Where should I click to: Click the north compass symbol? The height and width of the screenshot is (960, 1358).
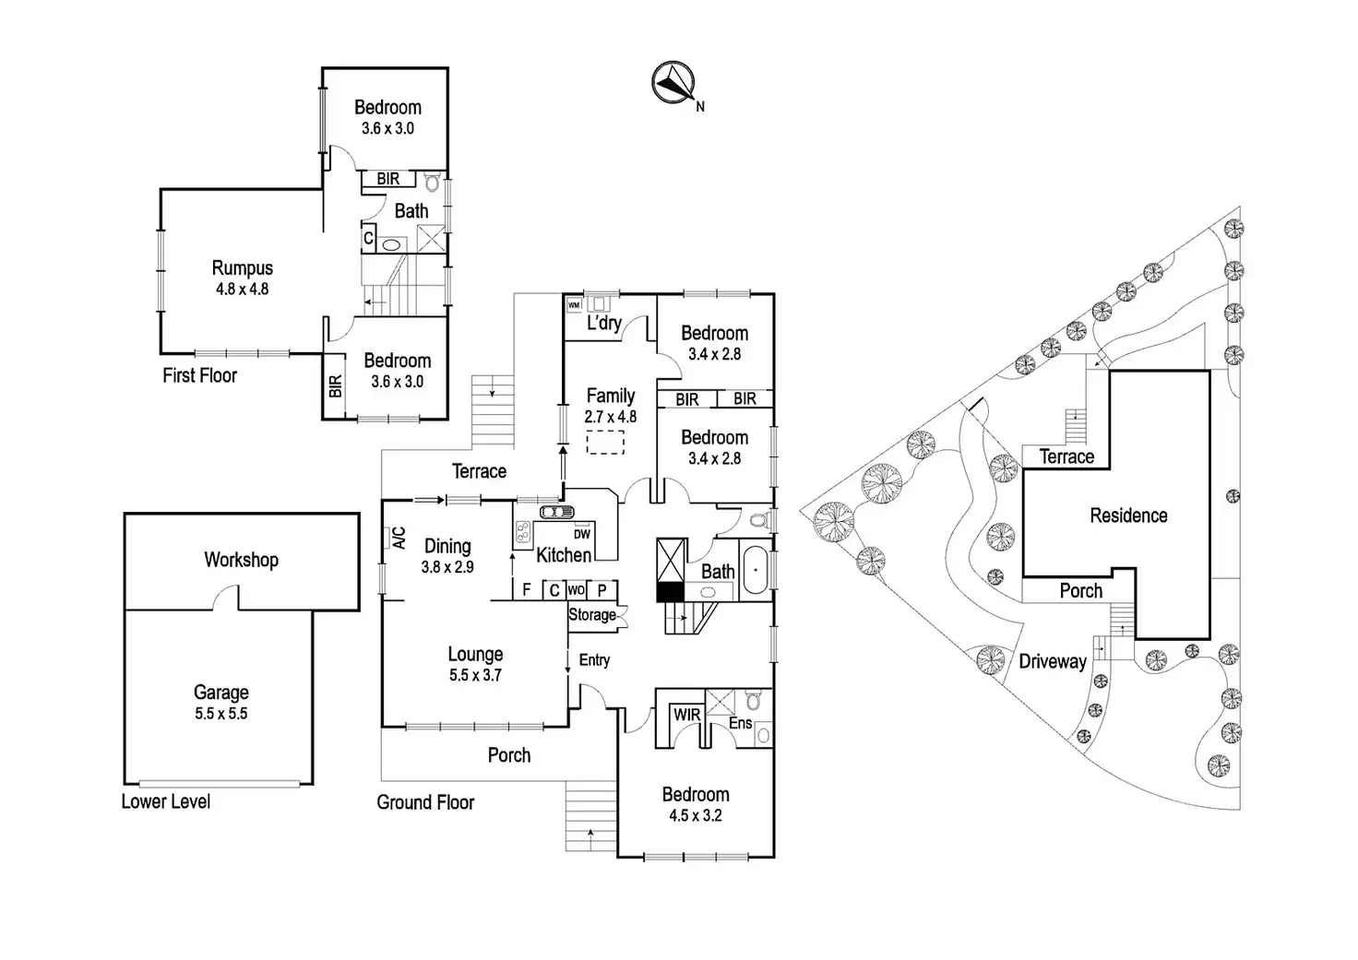(673, 82)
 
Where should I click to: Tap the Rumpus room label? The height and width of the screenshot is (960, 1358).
(242, 268)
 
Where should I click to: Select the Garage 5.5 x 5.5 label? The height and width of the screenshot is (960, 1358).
(220, 701)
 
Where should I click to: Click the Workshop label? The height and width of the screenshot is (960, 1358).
(241, 560)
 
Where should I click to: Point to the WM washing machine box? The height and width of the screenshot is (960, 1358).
(573, 305)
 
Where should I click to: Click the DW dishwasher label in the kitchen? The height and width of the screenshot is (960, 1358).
(581, 534)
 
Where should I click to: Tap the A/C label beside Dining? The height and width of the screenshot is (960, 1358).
(399, 538)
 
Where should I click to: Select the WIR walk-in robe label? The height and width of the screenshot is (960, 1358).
(686, 715)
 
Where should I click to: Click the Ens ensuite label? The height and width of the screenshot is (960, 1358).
(740, 724)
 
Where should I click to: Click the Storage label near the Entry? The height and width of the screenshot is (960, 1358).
(591, 614)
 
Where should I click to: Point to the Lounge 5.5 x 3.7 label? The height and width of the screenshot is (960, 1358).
(475, 664)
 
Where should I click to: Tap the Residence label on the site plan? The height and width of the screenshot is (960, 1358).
(1128, 516)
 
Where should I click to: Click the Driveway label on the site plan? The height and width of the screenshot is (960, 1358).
(1052, 661)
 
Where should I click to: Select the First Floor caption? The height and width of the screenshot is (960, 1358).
(199, 375)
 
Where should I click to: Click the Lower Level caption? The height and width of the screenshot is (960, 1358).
(165, 801)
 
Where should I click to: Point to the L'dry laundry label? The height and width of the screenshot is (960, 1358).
(603, 324)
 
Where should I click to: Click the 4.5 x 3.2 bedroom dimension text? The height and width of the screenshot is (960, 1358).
(695, 815)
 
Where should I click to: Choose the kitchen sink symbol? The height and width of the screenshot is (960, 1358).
(556, 512)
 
